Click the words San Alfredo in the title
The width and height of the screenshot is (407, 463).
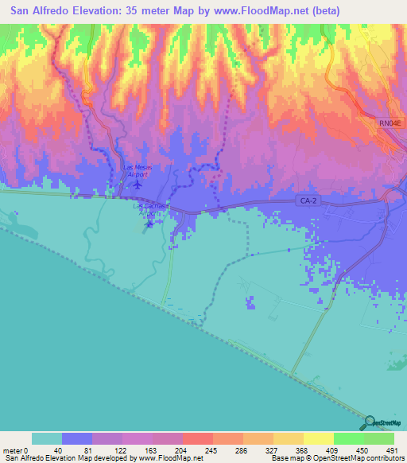41,11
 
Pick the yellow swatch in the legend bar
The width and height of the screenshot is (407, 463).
318,439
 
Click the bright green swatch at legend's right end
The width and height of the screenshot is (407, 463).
379,439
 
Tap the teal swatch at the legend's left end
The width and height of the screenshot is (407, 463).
46,439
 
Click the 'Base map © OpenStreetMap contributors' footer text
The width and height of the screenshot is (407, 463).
336,457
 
